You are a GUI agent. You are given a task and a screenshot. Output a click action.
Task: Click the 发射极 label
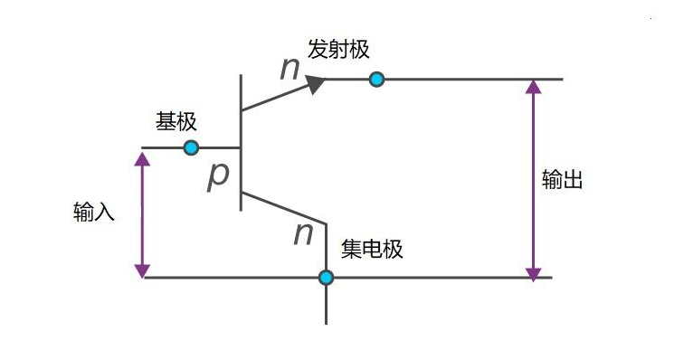click(x=338, y=50)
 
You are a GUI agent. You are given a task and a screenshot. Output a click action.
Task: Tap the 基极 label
click(x=176, y=121)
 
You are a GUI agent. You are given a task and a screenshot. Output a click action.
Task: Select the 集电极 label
click(x=372, y=249)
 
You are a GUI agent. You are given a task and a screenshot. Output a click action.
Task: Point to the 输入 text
click(x=94, y=212)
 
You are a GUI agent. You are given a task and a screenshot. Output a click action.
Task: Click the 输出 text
click(x=562, y=179)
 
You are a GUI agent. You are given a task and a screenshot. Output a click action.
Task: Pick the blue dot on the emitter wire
click(x=377, y=79)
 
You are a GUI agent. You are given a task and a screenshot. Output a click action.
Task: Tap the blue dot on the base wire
click(x=191, y=147)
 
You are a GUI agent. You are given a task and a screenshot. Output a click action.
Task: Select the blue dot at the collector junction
click(x=327, y=278)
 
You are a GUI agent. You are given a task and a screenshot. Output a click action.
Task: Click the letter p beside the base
click(x=218, y=176)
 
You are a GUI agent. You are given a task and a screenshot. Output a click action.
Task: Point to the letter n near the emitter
click(x=290, y=69)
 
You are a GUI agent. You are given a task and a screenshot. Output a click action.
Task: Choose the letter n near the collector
click(x=303, y=234)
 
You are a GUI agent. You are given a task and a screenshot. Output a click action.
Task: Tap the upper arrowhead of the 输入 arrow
click(x=142, y=159)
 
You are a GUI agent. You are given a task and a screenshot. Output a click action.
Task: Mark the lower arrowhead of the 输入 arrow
click(x=142, y=271)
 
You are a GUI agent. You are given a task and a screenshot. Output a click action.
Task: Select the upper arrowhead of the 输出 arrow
click(x=534, y=87)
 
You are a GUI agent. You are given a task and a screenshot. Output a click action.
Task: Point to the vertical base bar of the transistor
click(x=241, y=143)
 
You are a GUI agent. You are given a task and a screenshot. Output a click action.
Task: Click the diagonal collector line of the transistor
click(x=284, y=208)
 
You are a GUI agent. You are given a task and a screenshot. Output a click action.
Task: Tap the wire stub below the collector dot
click(x=327, y=305)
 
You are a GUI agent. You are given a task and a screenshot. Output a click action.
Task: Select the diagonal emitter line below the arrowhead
click(x=275, y=98)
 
